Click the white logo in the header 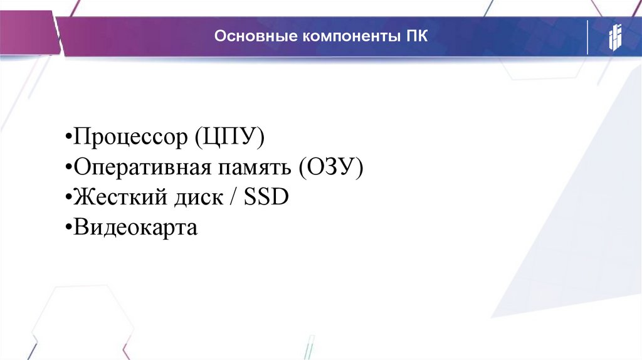pyautogui.click(x=614, y=38)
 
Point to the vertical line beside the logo pyautogui.click(x=587, y=38)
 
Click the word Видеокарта pyautogui.click(x=135, y=226)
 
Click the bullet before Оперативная pyautogui.click(x=68, y=168)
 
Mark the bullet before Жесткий pyautogui.click(x=68, y=198)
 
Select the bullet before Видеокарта pyautogui.click(x=68, y=227)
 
